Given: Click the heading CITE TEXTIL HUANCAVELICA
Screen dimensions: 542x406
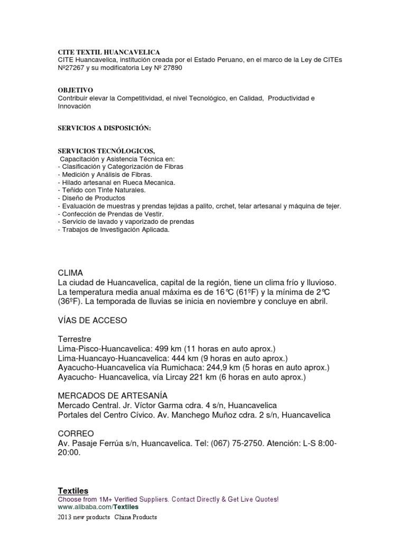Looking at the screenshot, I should (x=109, y=53).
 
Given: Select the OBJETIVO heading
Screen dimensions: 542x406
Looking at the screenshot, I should (x=75, y=91).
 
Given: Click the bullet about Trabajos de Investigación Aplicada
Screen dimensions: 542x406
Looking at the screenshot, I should (x=114, y=229).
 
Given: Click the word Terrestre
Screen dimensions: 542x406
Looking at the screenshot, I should (x=75, y=339).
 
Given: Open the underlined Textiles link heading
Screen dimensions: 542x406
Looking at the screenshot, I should (x=72, y=491).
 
